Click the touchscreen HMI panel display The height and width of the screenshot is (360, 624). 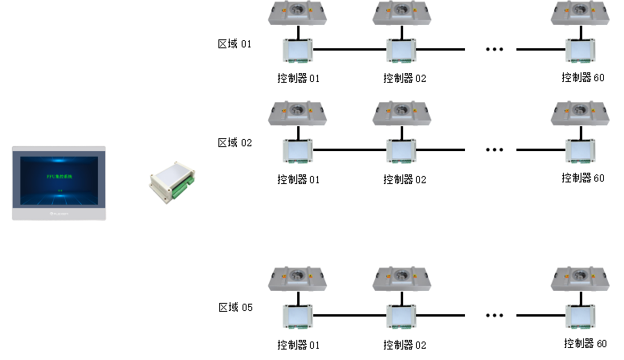tap(59, 182)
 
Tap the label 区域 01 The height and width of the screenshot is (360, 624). tap(235, 43)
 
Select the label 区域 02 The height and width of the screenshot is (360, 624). tap(235, 142)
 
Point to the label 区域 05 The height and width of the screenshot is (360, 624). tap(235, 307)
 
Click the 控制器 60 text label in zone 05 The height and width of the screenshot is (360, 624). tap(584, 343)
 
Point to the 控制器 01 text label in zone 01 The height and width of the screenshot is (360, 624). tap(299, 79)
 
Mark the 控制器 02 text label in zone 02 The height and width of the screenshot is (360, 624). tap(405, 178)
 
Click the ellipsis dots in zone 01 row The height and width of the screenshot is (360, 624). tap(495, 50)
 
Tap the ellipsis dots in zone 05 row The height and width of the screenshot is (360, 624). tap(495, 315)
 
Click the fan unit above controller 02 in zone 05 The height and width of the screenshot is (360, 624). tap(402, 279)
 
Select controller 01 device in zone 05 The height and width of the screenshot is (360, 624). tap(298, 317)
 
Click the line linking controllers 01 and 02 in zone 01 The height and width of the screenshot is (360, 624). tap(349, 50)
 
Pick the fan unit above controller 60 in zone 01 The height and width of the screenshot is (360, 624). tap(581, 12)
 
